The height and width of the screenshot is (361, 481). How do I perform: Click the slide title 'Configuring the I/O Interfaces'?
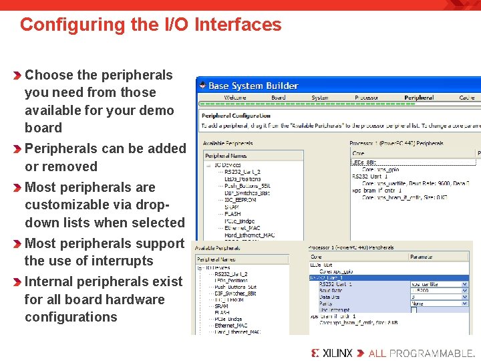(x=150, y=25)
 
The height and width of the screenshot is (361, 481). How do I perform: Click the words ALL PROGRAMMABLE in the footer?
(x=422, y=352)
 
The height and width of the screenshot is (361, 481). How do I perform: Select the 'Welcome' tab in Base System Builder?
(x=234, y=98)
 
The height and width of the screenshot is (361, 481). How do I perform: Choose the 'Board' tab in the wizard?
(x=279, y=98)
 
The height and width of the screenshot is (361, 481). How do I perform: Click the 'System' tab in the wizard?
(x=320, y=98)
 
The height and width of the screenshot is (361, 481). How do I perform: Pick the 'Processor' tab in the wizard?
(x=367, y=98)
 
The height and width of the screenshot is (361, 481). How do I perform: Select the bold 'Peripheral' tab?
(x=419, y=98)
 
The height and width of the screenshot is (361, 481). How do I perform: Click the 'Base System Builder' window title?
(x=253, y=86)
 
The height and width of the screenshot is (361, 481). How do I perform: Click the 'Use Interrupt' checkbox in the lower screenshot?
(x=414, y=310)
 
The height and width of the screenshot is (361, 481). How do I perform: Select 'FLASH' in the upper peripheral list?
(x=232, y=214)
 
